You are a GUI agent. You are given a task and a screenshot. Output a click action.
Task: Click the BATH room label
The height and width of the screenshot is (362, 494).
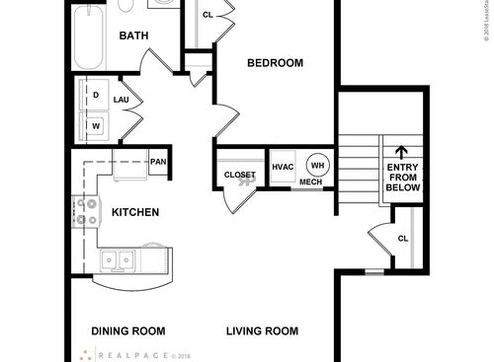(133, 36)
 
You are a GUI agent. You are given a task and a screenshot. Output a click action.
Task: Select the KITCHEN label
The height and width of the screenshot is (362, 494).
(135, 212)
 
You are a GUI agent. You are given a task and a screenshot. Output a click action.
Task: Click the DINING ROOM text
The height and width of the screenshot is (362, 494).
(128, 331)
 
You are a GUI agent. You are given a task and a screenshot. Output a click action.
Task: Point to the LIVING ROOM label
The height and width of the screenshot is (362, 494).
(262, 331)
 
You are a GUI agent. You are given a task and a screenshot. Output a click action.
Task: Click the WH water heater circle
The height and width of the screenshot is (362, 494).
(317, 165)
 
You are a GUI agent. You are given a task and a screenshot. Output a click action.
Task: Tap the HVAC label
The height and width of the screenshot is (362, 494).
(284, 166)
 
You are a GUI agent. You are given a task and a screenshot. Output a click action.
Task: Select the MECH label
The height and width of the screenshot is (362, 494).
(310, 182)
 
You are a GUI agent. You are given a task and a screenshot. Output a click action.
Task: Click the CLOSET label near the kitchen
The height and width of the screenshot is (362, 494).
(239, 175)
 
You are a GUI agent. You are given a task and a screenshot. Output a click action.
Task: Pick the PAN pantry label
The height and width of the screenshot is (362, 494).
(157, 162)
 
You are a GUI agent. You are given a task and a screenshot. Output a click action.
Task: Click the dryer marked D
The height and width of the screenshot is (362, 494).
(96, 95)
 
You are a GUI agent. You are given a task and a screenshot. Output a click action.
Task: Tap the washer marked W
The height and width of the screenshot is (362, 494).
(96, 126)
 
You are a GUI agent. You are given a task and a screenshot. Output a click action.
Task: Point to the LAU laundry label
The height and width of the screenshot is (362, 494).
(122, 100)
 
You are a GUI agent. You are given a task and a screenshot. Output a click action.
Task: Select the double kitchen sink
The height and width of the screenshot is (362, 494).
(120, 260)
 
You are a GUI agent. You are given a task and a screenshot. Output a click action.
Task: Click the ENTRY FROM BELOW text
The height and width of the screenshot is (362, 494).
(402, 178)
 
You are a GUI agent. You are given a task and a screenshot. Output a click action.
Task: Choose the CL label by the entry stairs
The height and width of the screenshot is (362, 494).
(403, 239)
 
